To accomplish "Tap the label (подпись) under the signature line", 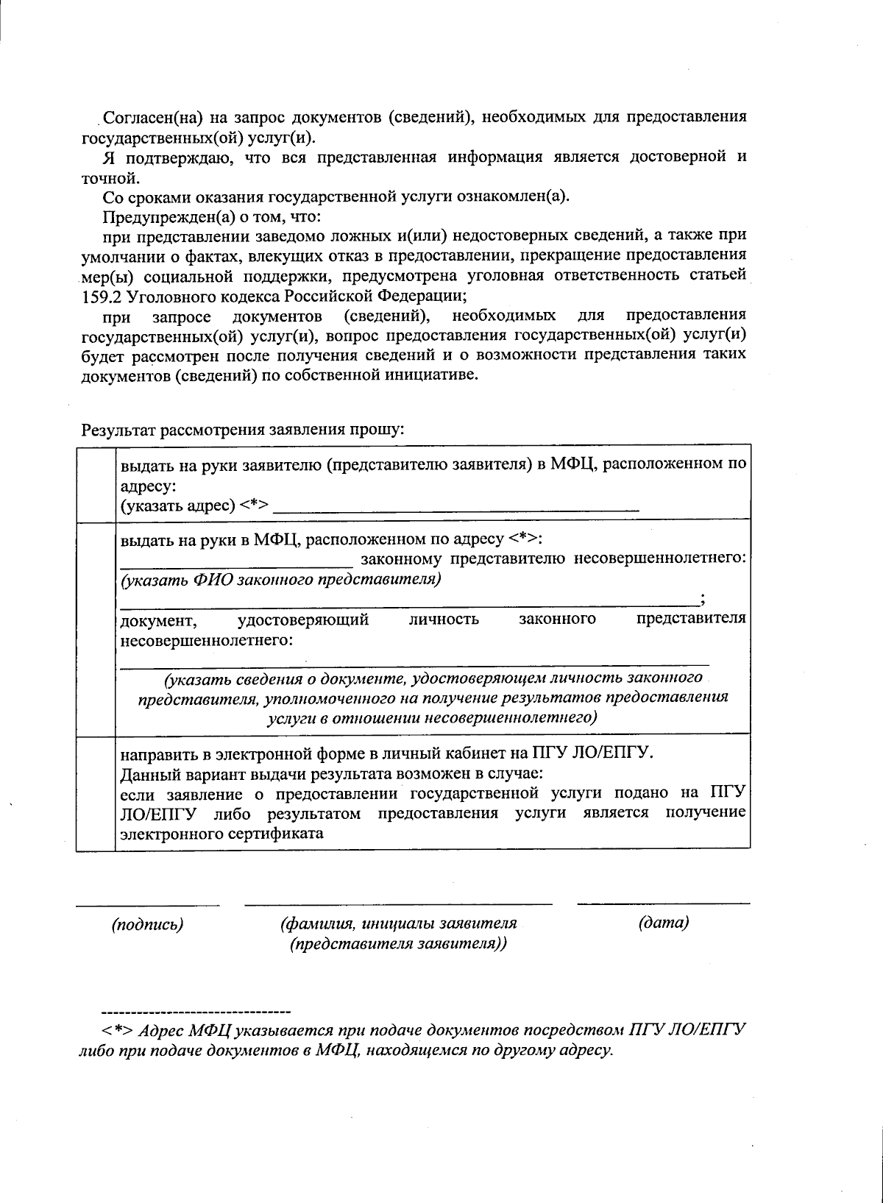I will point(147,923).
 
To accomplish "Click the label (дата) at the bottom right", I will point(664,922).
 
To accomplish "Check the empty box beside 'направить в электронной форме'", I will point(96,792).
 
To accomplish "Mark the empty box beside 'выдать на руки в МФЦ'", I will point(96,628).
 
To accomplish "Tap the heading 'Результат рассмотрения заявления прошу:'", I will point(243,429).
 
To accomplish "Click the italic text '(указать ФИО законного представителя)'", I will point(281,579).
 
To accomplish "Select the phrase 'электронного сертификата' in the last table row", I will point(221,834).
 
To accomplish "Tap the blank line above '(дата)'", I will point(664,903).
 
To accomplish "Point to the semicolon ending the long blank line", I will point(703,599).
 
